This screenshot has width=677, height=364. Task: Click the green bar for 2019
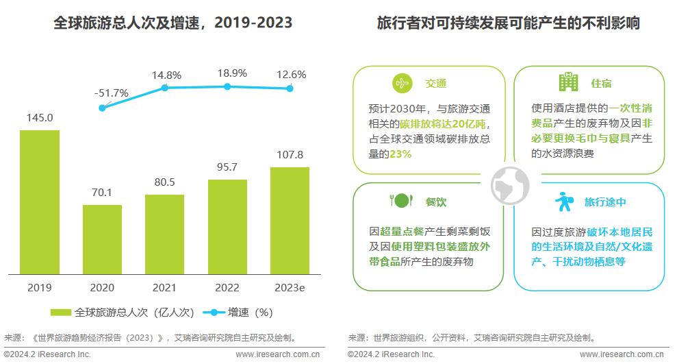[x=39, y=202]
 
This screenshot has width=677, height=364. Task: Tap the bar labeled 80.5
[x=164, y=234]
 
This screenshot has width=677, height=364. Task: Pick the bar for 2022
[x=227, y=227]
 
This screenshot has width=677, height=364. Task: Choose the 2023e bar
[x=290, y=221]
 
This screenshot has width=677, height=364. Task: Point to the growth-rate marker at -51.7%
[x=103, y=108]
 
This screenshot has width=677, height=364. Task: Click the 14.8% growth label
[x=167, y=75]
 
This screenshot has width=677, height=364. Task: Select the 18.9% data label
[x=228, y=73]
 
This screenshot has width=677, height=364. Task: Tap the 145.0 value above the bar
[x=40, y=118]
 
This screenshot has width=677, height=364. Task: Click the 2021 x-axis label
[x=164, y=287]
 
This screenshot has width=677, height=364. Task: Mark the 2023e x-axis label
[x=290, y=287]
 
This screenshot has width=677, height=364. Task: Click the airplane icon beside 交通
[x=402, y=83]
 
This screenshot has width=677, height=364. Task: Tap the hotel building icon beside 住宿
[x=567, y=82]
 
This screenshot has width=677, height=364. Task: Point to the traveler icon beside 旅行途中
[x=565, y=202]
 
